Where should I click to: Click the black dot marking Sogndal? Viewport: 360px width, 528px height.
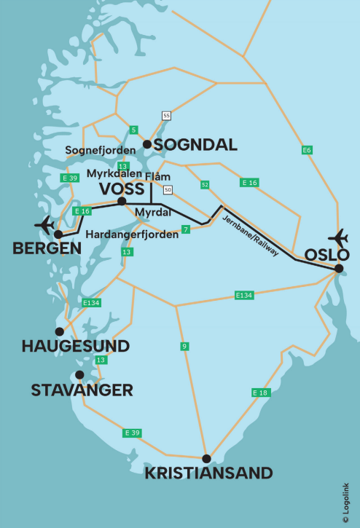tap(146, 144)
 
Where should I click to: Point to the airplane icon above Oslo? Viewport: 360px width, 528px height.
tap(339, 237)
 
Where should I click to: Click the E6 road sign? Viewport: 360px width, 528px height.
tap(307, 150)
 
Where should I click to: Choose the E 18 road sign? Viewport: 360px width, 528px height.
tap(260, 393)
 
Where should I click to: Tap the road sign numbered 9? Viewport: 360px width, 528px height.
tap(185, 345)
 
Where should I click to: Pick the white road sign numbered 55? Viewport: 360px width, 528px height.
tap(167, 116)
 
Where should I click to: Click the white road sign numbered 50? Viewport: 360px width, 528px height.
tap(168, 190)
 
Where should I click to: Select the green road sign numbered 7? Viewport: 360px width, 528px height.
tap(186, 229)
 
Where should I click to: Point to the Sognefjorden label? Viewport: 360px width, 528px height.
tap(101, 150)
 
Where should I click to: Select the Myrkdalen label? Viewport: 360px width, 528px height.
tap(114, 173)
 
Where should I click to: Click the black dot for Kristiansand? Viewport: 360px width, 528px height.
tap(207, 459)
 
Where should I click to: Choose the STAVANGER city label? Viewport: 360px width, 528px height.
tap(82, 390)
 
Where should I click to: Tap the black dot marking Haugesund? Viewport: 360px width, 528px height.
tap(59, 331)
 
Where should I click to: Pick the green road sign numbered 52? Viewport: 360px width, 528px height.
tap(205, 185)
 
